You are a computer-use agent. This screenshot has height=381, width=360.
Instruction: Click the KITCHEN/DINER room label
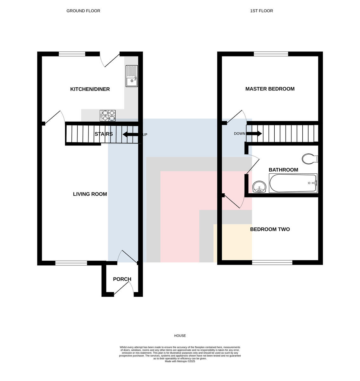click(90, 89)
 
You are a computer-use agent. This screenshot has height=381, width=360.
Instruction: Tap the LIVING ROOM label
click(90, 194)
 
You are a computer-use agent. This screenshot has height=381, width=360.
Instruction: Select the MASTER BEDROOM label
click(270, 89)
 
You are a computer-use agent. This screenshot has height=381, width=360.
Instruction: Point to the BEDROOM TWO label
click(270, 229)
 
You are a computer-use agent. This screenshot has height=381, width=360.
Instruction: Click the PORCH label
click(122, 279)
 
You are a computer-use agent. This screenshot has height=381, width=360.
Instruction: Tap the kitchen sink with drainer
click(132, 76)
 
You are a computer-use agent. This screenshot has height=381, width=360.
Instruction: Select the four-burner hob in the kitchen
click(108, 116)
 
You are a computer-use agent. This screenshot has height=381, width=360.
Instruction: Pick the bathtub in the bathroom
click(293, 183)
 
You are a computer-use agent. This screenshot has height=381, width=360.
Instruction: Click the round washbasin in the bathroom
click(259, 187)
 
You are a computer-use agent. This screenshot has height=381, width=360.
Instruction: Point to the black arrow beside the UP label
click(130, 134)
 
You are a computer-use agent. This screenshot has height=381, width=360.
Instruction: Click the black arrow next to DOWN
click(254, 134)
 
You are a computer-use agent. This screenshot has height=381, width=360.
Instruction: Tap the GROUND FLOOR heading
click(83, 11)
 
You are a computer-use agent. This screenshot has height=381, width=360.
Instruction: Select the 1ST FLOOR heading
click(261, 11)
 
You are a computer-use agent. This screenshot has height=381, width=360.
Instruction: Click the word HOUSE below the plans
click(180, 336)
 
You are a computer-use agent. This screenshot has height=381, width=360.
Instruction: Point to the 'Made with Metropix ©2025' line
click(180, 361)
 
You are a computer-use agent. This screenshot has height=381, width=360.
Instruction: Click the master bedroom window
click(271, 54)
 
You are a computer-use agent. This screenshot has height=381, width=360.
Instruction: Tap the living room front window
click(71, 263)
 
